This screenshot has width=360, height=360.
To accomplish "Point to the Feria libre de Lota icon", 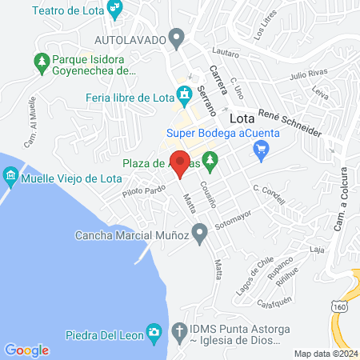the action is pos(185,98).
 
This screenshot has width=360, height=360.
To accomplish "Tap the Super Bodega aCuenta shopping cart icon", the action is pos(260,148).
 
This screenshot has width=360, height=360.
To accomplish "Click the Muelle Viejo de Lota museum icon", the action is pos(10,175).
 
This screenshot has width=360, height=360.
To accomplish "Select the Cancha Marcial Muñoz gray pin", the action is pos(200,234).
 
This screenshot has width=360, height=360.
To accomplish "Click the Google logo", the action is pos(26,350).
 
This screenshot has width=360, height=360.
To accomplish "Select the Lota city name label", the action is pos(242,118).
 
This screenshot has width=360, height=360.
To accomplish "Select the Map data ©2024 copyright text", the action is pos(325,353).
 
